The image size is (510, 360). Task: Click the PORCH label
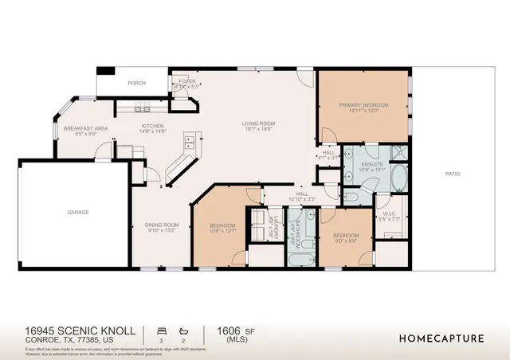tap(138, 82)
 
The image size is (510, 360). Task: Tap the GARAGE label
tap(77, 212)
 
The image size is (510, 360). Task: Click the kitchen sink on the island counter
tap(190, 143)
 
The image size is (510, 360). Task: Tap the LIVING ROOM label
tap(259, 123)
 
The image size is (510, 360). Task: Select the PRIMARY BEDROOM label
tap(363, 105)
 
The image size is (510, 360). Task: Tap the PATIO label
tap(453, 174)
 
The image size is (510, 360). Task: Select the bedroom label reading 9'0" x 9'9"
tap(346, 240)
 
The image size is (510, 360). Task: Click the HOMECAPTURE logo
tap(441, 338)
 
